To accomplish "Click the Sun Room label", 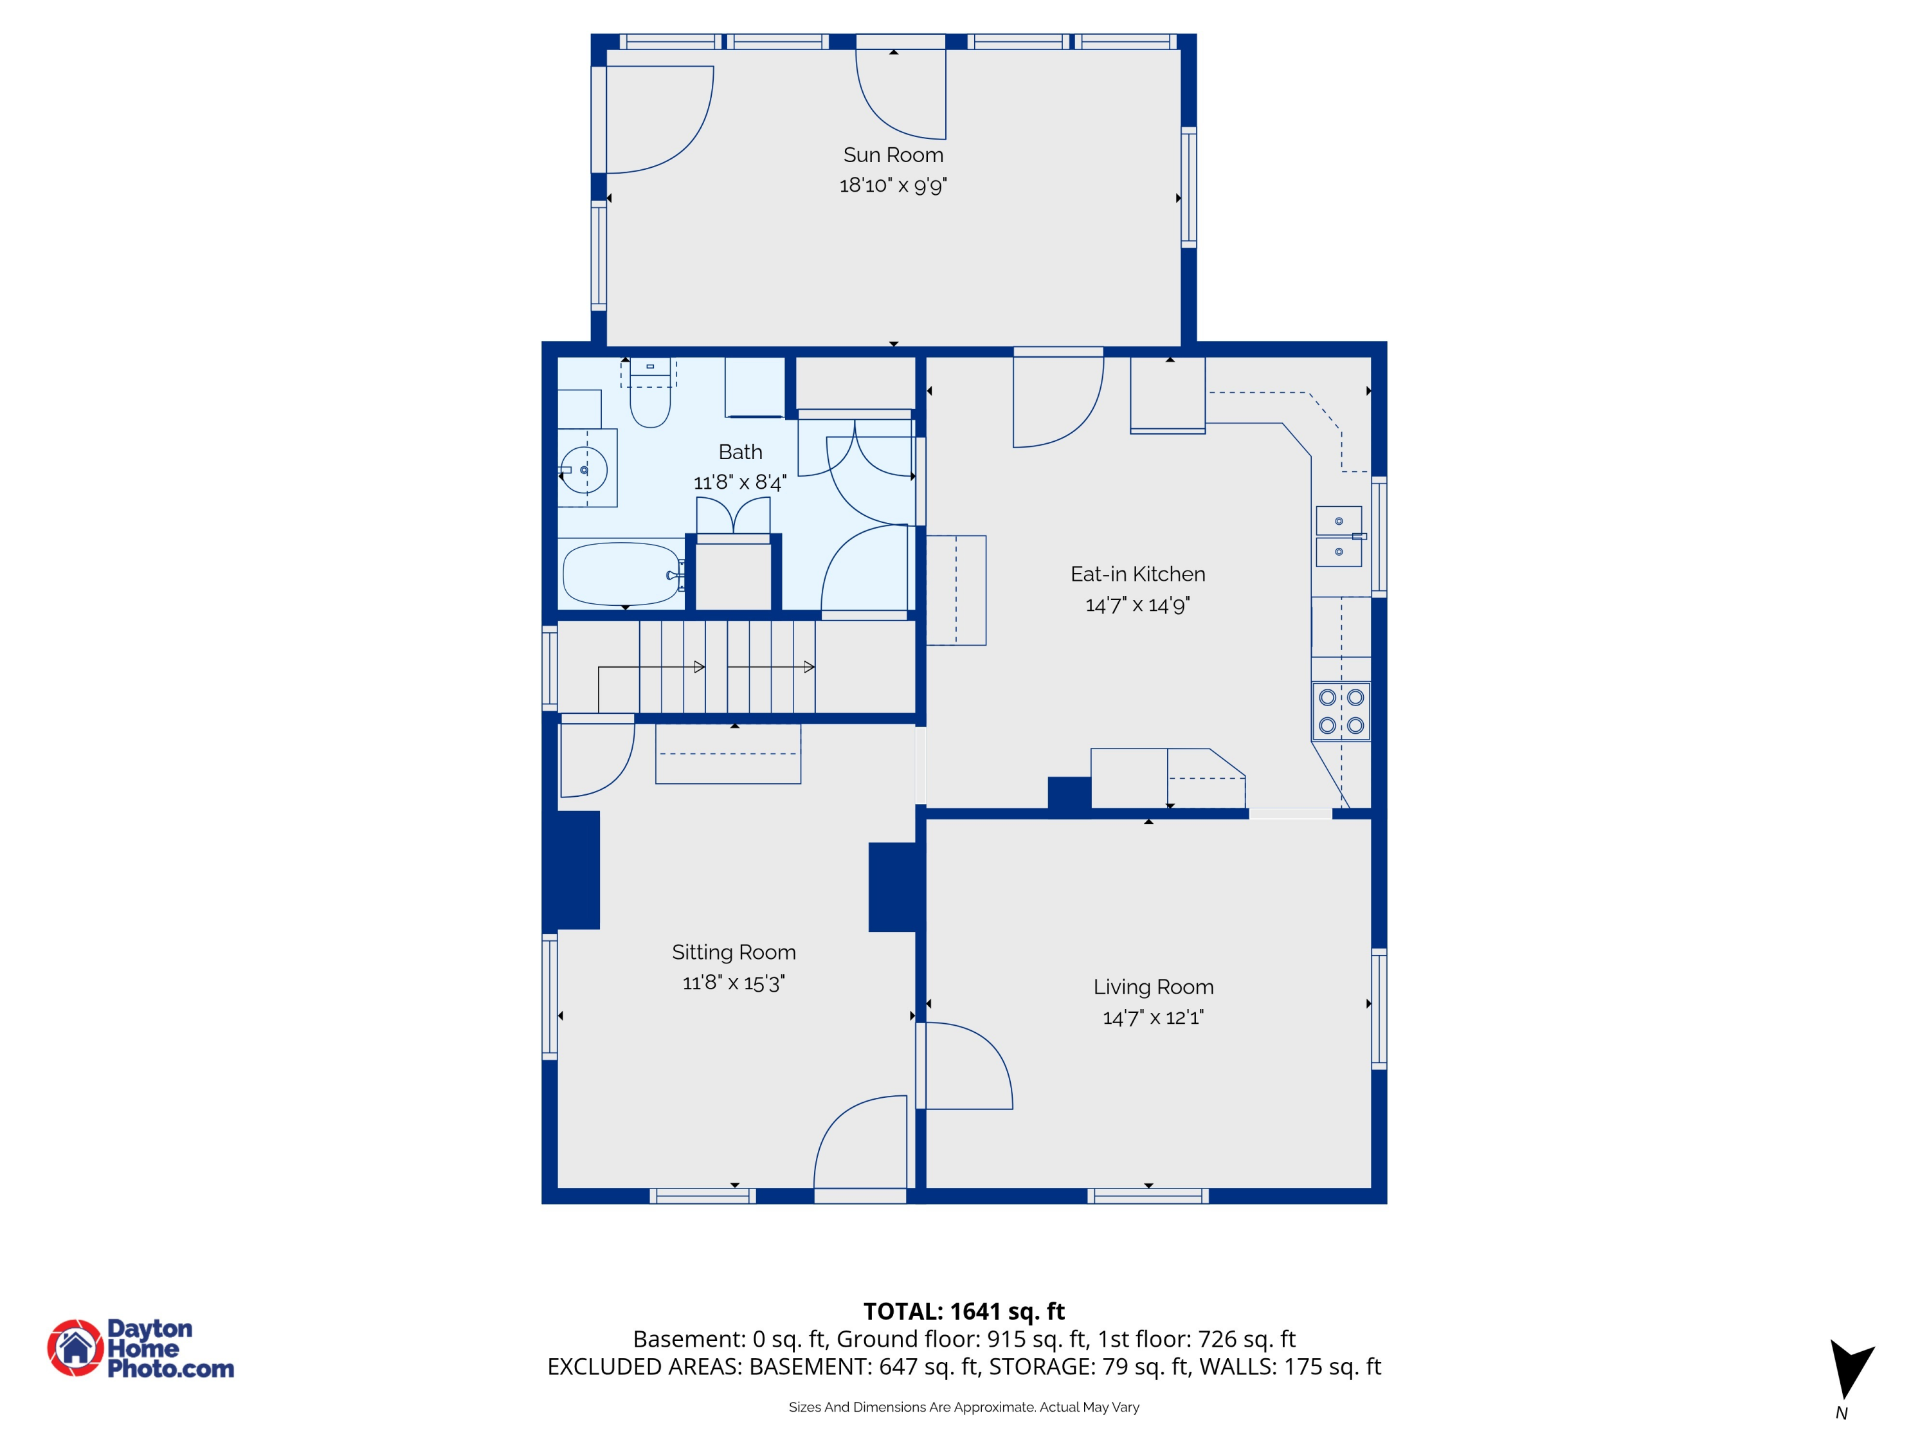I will (893, 155).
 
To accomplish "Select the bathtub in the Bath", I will (622, 574).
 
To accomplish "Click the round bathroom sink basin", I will (583, 470).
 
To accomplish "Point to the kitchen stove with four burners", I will (1341, 711).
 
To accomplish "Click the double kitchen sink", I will (1339, 536).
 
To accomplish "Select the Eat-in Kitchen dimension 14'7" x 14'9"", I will (1137, 605).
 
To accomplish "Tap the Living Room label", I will (1153, 987).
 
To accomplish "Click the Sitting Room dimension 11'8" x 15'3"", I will (734, 983).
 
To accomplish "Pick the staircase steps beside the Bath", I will (727, 668).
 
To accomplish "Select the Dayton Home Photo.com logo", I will (141, 1347).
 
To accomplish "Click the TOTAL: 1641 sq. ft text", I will (964, 1311).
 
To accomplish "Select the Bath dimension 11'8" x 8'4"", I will (739, 482).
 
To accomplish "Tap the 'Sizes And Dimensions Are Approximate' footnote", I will (964, 1407).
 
